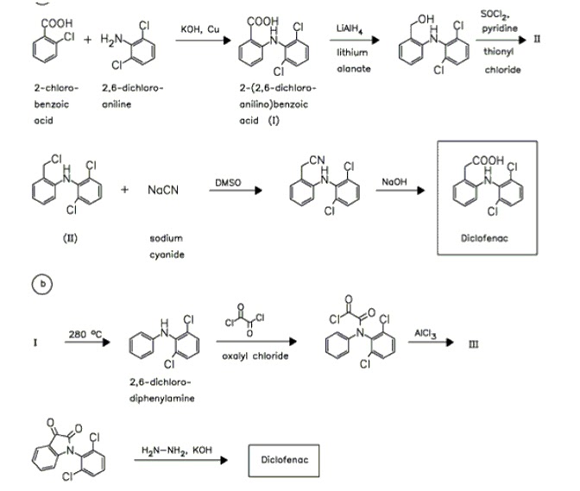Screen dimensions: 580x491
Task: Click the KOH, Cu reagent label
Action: [200, 29]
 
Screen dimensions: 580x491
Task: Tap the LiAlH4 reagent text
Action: [350, 28]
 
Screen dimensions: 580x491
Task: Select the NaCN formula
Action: [163, 190]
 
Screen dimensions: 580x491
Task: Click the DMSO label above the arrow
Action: [228, 183]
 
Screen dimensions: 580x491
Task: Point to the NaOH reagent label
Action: [394, 182]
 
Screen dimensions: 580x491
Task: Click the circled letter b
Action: [42, 284]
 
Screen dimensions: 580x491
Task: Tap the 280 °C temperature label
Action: [85, 334]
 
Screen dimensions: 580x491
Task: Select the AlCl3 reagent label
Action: [425, 334]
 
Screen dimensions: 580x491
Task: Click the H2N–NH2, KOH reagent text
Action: [177, 450]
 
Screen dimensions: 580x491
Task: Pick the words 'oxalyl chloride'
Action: [255, 356]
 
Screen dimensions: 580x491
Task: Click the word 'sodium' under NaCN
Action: [166, 238]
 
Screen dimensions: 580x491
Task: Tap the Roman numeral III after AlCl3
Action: [474, 344]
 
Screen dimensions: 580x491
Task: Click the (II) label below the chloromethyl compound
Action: [70, 238]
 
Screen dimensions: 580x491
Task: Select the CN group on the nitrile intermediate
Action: [317, 161]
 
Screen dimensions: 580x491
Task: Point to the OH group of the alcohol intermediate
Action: [426, 19]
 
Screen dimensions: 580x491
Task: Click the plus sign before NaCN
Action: [124, 190]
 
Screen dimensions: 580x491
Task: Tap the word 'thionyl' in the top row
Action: [498, 52]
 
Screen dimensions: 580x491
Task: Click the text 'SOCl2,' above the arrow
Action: [495, 15]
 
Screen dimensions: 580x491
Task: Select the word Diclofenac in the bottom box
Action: [285, 460]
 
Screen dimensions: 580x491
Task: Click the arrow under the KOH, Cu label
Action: [203, 41]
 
